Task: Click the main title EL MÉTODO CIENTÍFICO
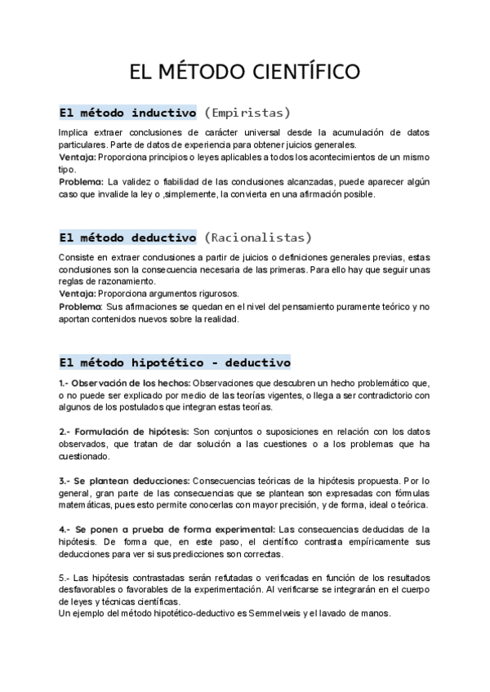[x=244, y=72]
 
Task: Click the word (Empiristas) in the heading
[x=247, y=112]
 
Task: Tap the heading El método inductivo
[x=127, y=112]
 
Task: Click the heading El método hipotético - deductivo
[x=175, y=362]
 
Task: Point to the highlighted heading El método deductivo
[x=127, y=237]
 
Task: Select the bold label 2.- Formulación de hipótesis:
[x=123, y=431]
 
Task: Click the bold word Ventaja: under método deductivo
[x=78, y=293]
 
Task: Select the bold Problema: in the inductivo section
[x=81, y=182]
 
